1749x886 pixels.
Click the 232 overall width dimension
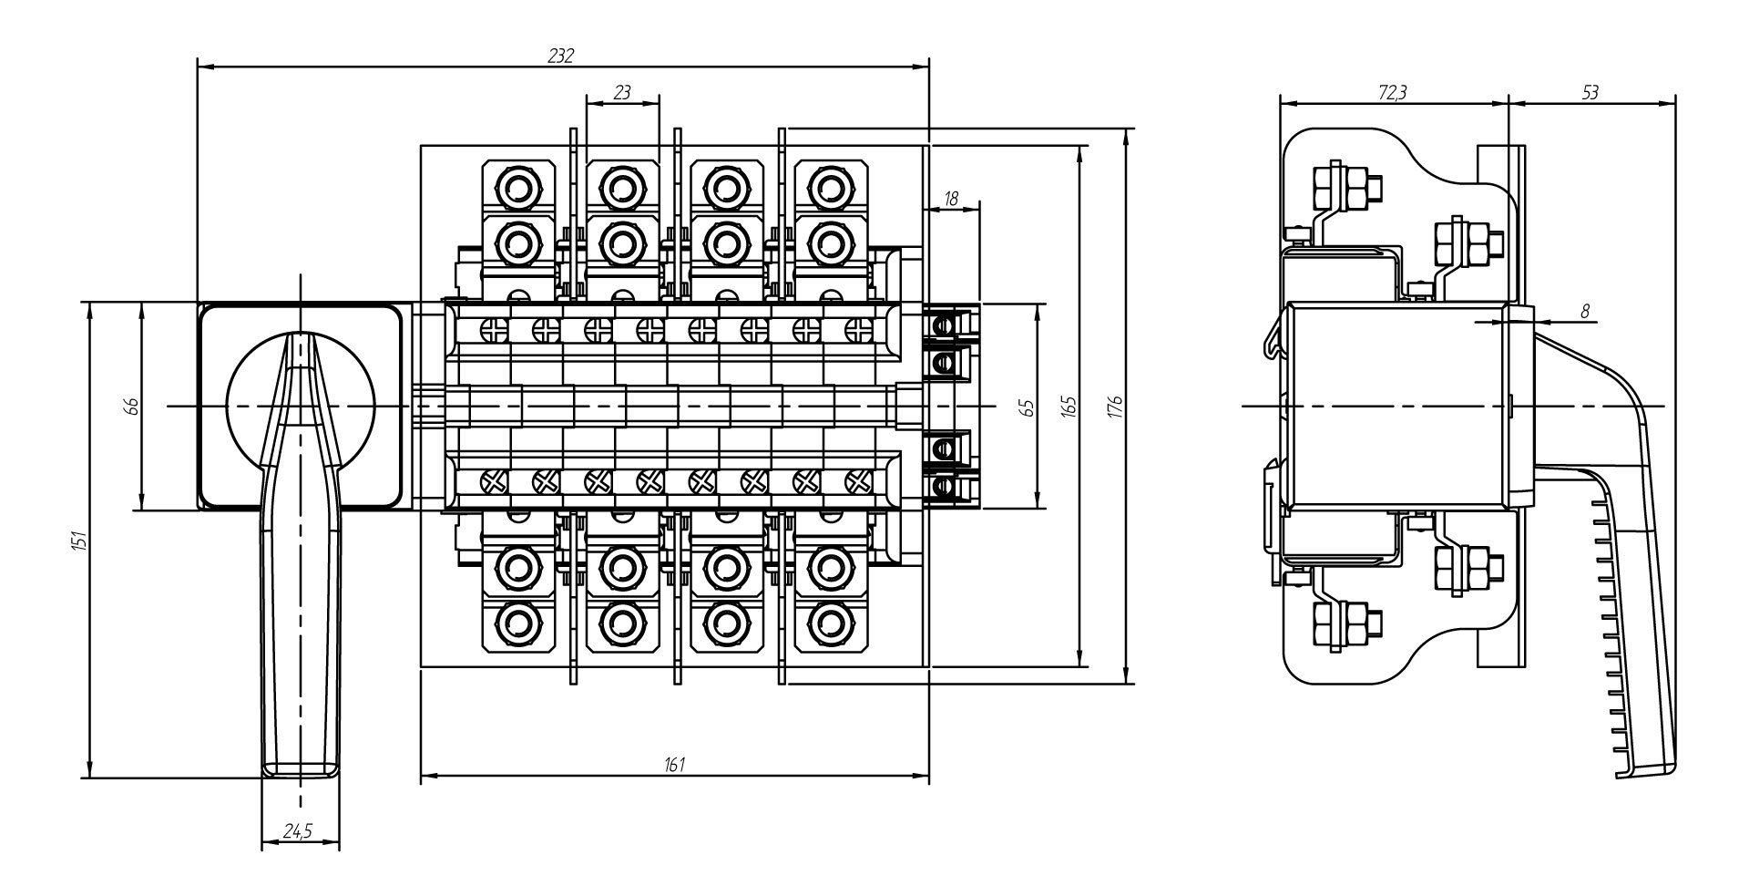[561, 56]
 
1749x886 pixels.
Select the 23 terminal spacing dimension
[622, 92]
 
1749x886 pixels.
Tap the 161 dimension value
[674, 764]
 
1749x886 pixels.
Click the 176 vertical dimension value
[1118, 406]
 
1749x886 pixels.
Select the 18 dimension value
[952, 198]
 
